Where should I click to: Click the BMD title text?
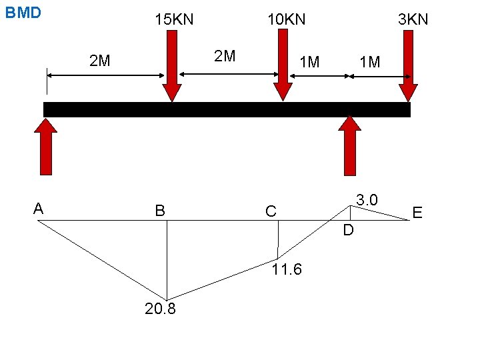click(23, 13)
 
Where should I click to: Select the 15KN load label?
click(174, 19)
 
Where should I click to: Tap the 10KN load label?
click(286, 19)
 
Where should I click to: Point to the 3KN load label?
click(413, 19)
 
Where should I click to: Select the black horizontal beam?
click(227, 109)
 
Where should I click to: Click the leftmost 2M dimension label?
click(100, 62)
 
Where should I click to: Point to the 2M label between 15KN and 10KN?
click(225, 55)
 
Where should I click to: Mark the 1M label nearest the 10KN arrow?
click(309, 63)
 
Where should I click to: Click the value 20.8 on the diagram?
click(160, 309)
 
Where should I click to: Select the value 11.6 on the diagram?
click(287, 269)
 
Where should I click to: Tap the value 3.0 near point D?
click(367, 200)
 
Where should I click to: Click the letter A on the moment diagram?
click(39, 209)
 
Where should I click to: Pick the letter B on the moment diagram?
click(160, 211)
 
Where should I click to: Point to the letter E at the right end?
click(417, 213)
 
